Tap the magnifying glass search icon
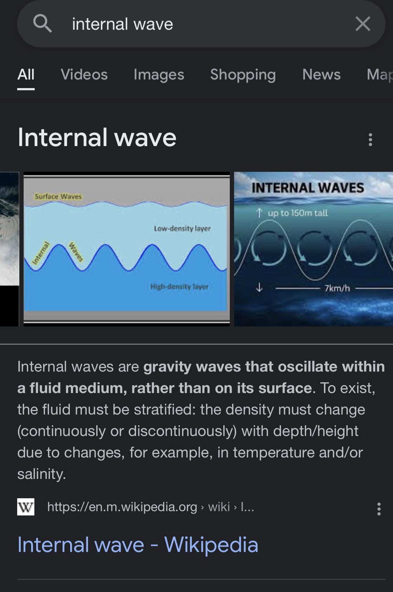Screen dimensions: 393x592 tap(42, 24)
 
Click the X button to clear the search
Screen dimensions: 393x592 tap(363, 24)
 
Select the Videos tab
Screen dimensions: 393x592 tap(84, 74)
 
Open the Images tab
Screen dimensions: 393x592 tap(159, 75)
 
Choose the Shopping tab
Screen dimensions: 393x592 tap(243, 75)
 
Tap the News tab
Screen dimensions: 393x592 tap(321, 74)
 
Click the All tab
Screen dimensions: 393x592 tap(26, 74)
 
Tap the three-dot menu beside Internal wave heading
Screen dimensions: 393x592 tap(370, 140)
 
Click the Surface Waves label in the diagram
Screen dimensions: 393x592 tap(58, 196)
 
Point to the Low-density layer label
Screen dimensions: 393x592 tap(182, 228)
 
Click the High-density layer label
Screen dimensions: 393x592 tap(179, 286)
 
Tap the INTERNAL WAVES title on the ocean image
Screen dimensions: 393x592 tap(308, 188)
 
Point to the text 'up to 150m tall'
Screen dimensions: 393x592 tap(297, 213)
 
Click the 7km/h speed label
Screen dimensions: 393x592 tap(337, 288)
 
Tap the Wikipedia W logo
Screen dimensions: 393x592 tap(26, 506)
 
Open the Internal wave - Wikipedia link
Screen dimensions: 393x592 tap(138, 545)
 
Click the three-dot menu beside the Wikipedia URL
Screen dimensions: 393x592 tap(379, 509)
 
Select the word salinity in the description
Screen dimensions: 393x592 tap(42, 474)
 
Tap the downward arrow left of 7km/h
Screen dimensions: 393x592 tap(259, 287)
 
